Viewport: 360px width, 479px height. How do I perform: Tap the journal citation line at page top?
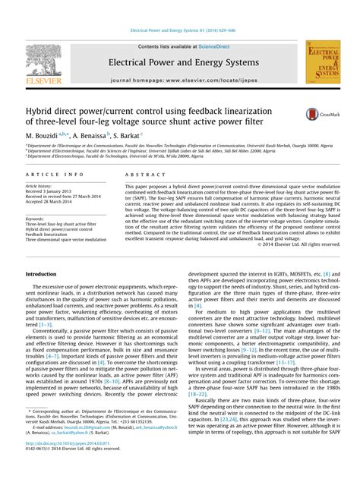[x=180, y=32]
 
